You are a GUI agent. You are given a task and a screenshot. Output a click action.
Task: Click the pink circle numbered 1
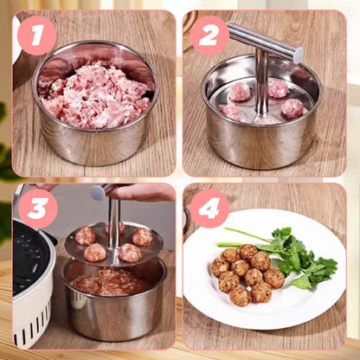pyautogui.click(x=36, y=35)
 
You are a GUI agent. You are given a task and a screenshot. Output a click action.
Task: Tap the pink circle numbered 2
pyautogui.click(x=209, y=35)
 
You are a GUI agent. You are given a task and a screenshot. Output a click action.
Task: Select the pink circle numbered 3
pyautogui.click(x=36, y=209)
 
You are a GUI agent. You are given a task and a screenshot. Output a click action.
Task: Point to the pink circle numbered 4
pyautogui.click(x=209, y=209)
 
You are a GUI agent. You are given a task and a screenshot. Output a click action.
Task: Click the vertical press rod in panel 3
pyautogui.click(x=113, y=221)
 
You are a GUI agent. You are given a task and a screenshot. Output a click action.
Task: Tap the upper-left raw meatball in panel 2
pyautogui.click(x=240, y=92)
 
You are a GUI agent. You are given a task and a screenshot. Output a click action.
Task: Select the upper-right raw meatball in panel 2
pyautogui.click(x=279, y=88)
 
